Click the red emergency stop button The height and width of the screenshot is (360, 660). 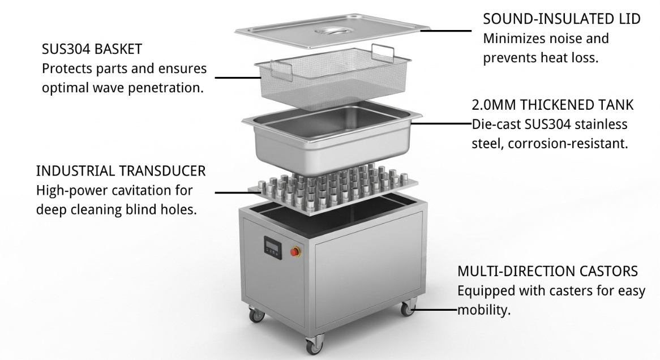[294, 252]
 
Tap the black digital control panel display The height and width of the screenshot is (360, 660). [272, 246]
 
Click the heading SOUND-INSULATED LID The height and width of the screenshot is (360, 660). [562, 19]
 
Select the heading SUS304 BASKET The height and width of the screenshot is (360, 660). [92, 49]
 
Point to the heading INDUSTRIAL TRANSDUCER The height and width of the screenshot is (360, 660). [121, 171]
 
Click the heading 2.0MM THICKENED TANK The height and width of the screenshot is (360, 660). [552, 105]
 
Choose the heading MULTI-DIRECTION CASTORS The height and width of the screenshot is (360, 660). [547, 271]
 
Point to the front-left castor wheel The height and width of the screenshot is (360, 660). [256, 314]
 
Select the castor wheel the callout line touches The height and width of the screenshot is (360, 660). [407, 308]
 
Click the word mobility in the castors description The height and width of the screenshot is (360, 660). [483, 310]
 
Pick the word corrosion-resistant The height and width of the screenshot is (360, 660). [567, 144]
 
